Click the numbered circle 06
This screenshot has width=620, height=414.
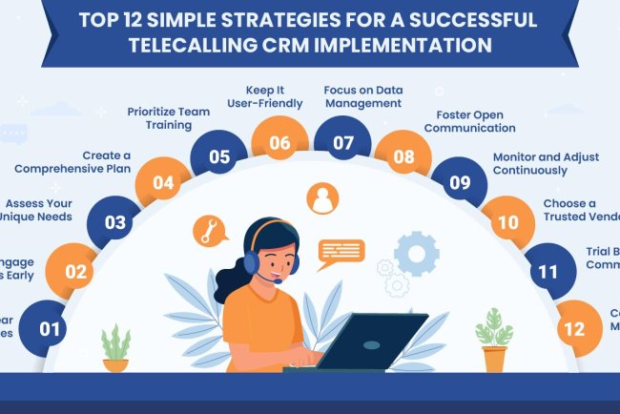279,144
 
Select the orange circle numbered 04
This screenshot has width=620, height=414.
163,181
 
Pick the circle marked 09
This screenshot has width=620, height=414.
459,181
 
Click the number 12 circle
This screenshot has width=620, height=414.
574,328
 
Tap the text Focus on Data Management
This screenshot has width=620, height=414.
362,95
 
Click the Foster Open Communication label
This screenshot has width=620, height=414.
468,120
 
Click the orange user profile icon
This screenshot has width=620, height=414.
322,198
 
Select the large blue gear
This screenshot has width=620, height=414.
416,253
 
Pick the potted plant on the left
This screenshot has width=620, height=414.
115,347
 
